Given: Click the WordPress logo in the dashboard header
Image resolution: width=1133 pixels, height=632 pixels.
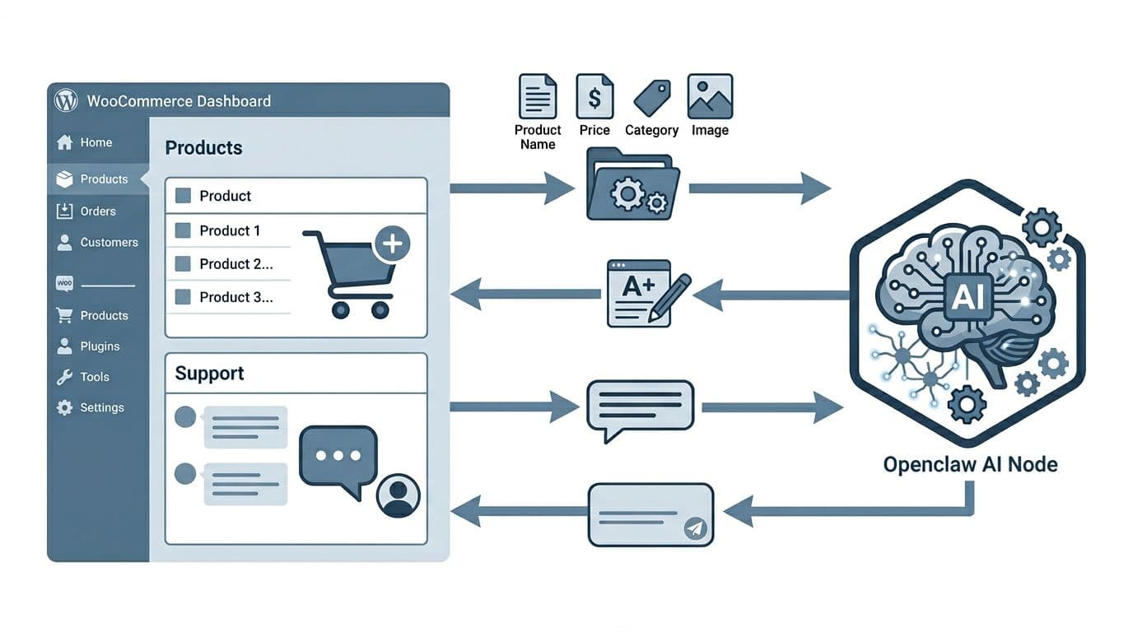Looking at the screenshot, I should (66, 100).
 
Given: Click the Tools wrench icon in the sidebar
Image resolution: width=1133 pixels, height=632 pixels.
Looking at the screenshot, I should (64, 377).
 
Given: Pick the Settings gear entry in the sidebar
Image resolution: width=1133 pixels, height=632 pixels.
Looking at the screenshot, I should (64, 407).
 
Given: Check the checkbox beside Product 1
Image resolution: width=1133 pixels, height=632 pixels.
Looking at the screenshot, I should (184, 230).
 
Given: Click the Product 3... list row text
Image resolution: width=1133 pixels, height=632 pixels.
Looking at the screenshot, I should (235, 297).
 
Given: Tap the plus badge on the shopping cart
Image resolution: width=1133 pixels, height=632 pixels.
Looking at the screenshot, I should (392, 243).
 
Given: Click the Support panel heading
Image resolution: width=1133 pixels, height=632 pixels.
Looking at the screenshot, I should (209, 374).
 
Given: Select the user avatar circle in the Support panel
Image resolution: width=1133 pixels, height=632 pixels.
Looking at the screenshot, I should (398, 495).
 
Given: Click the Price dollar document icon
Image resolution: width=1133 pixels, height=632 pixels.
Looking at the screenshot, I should (594, 96).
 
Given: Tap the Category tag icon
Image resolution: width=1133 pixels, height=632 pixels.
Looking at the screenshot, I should (651, 98).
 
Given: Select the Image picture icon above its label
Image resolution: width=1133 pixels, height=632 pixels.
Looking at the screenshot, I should (710, 96).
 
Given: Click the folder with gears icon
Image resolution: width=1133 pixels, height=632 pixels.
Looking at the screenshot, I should (632, 185).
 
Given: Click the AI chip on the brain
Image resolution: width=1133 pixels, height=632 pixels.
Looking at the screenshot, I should (967, 296).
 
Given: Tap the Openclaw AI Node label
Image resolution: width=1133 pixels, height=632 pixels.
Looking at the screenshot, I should (970, 464).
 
